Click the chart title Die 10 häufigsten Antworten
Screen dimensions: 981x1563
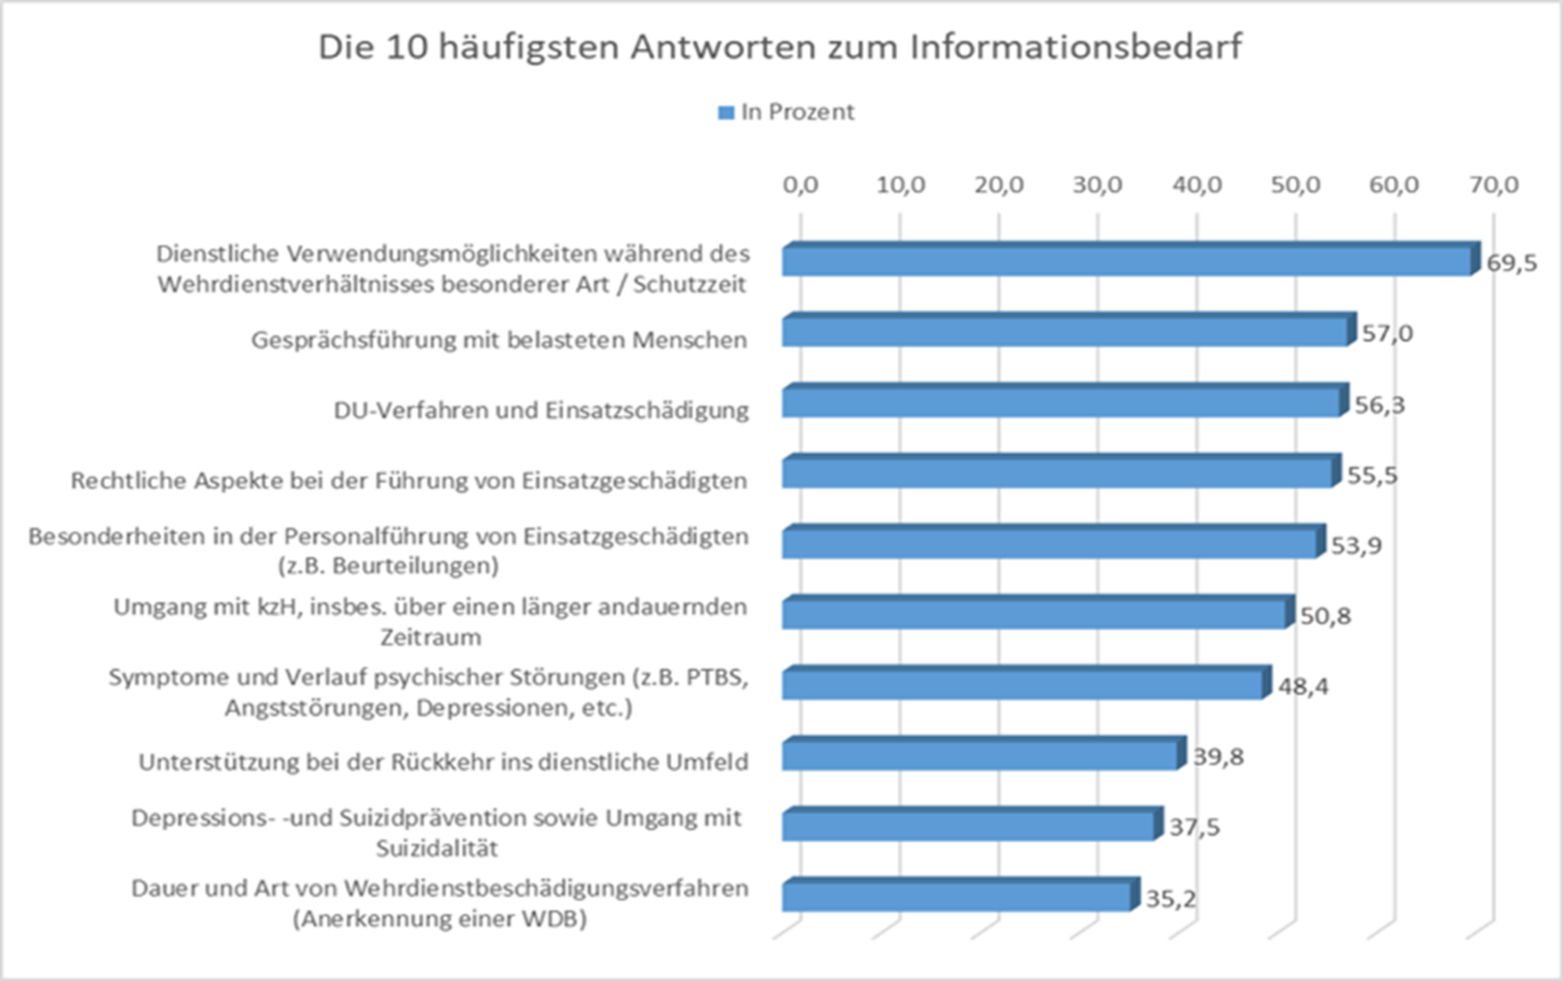pyautogui.click(x=779, y=47)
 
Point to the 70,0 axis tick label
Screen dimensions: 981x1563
pyautogui.click(x=1493, y=185)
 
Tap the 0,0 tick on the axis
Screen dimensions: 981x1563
pyautogui.click(x=800, y=185)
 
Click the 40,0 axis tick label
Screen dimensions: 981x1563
pyautogui.click(x=1197, y=185)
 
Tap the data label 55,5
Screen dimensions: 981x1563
pyautogui.click(x=1372, y=475)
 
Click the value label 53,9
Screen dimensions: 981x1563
pyautogui.click(x=1356, y=546)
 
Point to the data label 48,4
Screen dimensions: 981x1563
pyautogui.click(x=1303, y=687)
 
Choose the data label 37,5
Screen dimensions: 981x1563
pyautogui.click(x=1194, y=827)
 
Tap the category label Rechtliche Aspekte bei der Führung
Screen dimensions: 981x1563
pyautogui.click(x=408, y=480)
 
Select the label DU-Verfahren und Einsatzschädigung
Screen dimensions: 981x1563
pyautogui.click(x=540, y=410)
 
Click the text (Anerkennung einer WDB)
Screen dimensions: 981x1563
pyautogui.click(x=439, y=918)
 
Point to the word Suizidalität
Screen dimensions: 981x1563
pyautogui.click(x=436, y=848)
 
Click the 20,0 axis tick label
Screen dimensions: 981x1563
pyautogui.click(x=998, y=185)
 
